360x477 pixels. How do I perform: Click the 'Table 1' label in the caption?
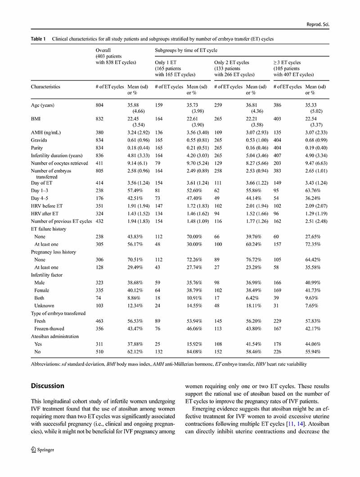(x=38, y=39)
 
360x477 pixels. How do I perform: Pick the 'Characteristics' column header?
(x=45, y=86)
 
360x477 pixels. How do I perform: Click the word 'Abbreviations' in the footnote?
(x=45, y=364)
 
